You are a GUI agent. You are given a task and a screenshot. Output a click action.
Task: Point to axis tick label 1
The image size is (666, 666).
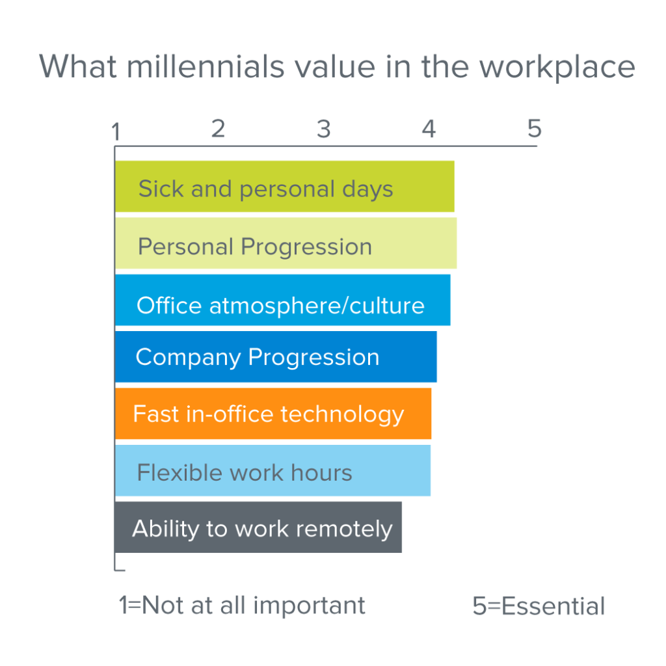[x=116, y=132]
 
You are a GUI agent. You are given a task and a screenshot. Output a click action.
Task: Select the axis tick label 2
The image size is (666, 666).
[x=218, y=129]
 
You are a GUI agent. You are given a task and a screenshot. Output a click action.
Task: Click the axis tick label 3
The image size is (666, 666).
[x=323, y=129]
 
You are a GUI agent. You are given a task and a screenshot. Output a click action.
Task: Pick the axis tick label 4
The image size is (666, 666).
[x=428, y=129]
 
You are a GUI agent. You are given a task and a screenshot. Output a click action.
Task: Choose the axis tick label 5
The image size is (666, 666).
[x=534, y=129]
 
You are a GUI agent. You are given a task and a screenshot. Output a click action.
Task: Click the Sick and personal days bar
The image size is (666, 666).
[x=284, y=187]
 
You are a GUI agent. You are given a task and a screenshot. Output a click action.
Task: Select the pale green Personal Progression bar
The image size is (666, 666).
[x=286, y=243]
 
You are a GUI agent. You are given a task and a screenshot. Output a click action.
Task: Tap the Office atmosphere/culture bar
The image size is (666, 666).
[x=282, y=300]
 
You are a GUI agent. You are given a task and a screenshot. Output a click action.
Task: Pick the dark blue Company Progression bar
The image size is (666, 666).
[x=276, y=356]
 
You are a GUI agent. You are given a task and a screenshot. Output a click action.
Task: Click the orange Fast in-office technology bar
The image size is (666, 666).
[x=273, y=414]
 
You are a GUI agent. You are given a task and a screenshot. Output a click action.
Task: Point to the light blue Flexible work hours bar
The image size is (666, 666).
[x=273, y=470]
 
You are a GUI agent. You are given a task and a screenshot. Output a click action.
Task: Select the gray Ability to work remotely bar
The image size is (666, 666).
[x=258, y=527]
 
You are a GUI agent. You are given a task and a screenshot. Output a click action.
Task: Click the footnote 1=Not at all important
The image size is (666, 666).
[x=242, y=606]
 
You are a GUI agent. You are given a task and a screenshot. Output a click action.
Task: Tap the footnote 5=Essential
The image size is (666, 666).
[x=539, y=606]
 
